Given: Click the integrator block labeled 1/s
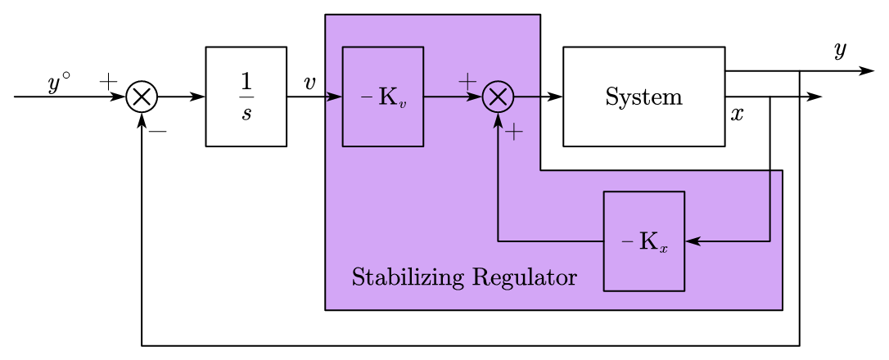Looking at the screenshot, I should click(246, 97).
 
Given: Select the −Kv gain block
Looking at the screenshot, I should click(382, 97).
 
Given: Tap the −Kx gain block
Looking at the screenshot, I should click(643, 241).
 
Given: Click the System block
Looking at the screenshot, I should click(643, 97).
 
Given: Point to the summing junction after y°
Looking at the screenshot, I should click(142, 97).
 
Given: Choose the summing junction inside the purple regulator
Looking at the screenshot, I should click(498, 97).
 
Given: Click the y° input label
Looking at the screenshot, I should click(58, 83).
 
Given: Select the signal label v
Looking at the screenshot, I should click(309, 83).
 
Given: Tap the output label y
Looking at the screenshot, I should click(839, 51).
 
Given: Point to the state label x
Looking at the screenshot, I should click(737, 115).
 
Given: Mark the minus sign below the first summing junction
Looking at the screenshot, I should click(158, 131).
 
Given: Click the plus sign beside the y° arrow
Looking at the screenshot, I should click(108, 81).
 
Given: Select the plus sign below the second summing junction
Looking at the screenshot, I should click(513, 133).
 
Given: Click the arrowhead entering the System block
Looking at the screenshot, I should click(556, 97).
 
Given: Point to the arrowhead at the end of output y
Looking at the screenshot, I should click(868, 72).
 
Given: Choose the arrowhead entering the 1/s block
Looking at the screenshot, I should click(198, 97).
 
